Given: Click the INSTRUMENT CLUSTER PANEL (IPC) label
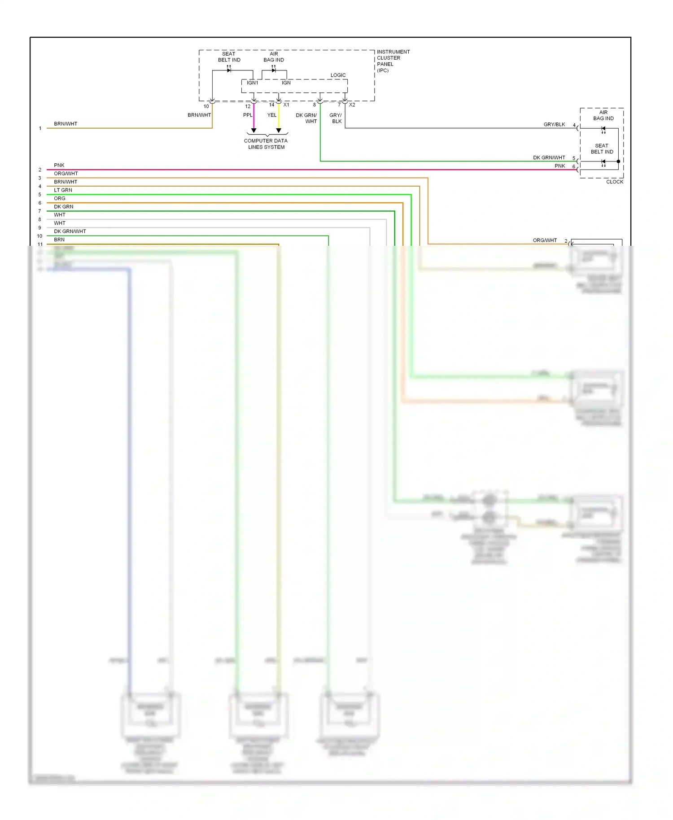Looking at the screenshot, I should [x=393, y=61].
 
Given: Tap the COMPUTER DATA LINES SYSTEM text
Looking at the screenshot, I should [x=266, y=144].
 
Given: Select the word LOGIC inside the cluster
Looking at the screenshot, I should [x=338, y=75].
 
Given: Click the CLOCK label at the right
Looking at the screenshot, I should [x=614, y=182].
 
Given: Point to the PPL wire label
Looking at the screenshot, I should [x=248, y=115].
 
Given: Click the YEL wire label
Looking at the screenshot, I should [x=272, y=115].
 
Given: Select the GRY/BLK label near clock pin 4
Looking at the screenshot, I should [x=554, y=124].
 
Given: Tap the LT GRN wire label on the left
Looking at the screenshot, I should [x=63, y=190].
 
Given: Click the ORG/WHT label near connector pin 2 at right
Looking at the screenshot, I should [x=545, y=240].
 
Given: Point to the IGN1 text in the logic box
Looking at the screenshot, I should [x=252, y=83].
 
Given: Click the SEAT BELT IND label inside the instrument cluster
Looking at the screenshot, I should [x=229, y=57].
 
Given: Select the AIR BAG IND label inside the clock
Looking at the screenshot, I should [x=603, y=115].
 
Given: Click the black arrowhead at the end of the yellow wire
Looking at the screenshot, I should [x=279, y=131].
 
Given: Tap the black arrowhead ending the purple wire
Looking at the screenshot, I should [x=253, y=131].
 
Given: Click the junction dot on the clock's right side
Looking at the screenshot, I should [x=618, y=161].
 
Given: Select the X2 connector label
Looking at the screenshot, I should [x=352, y=105].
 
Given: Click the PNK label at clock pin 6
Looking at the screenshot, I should [x=559, y=166].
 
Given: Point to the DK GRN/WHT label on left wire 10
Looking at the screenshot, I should [x=70, y=231].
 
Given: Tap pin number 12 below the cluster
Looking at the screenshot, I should [x=248, y=106].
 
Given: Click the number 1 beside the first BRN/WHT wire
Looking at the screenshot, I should [x=40, y=128].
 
